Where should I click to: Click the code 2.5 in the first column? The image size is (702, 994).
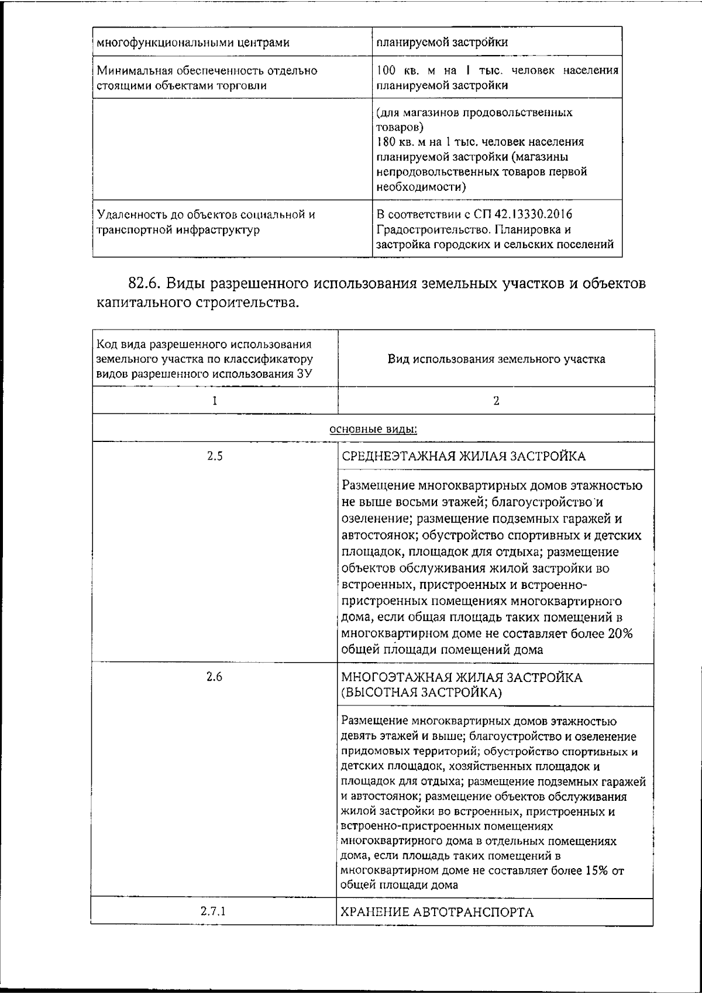[214, 456]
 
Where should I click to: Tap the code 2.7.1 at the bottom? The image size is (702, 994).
[214, 911]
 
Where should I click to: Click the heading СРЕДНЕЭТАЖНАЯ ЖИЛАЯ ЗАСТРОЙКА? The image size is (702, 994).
[463, 457]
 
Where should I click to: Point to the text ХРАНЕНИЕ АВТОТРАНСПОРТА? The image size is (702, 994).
[438, 912]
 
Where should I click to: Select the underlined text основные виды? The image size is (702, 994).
[373, 429]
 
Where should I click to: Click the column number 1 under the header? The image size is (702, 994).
[214, 401]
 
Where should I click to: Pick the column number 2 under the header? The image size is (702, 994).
[495, 401]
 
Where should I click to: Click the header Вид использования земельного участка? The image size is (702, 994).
[496, 359]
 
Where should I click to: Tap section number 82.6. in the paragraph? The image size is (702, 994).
[145, 283]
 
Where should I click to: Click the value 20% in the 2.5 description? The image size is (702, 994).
[620, 634]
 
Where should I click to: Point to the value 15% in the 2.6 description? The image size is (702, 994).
[596, 870]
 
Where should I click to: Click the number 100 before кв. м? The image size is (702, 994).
[386, 71]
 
